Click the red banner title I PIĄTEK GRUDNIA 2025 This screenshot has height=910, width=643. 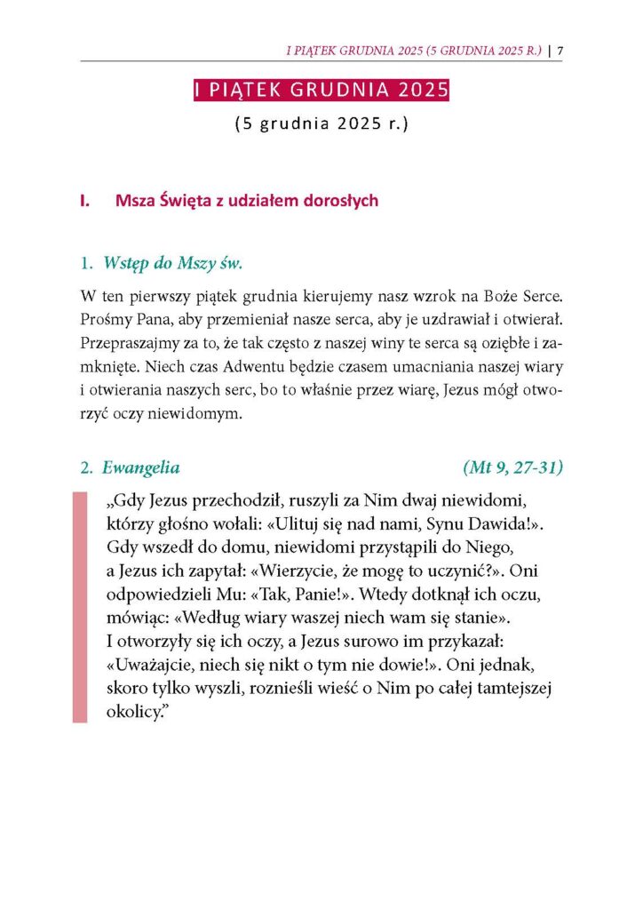(x=321, y=92)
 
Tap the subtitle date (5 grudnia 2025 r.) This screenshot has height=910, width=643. (x=321, y=124)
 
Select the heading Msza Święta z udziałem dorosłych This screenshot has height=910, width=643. (x=246, y=201)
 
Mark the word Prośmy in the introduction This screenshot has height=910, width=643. (x=105, y=317)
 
